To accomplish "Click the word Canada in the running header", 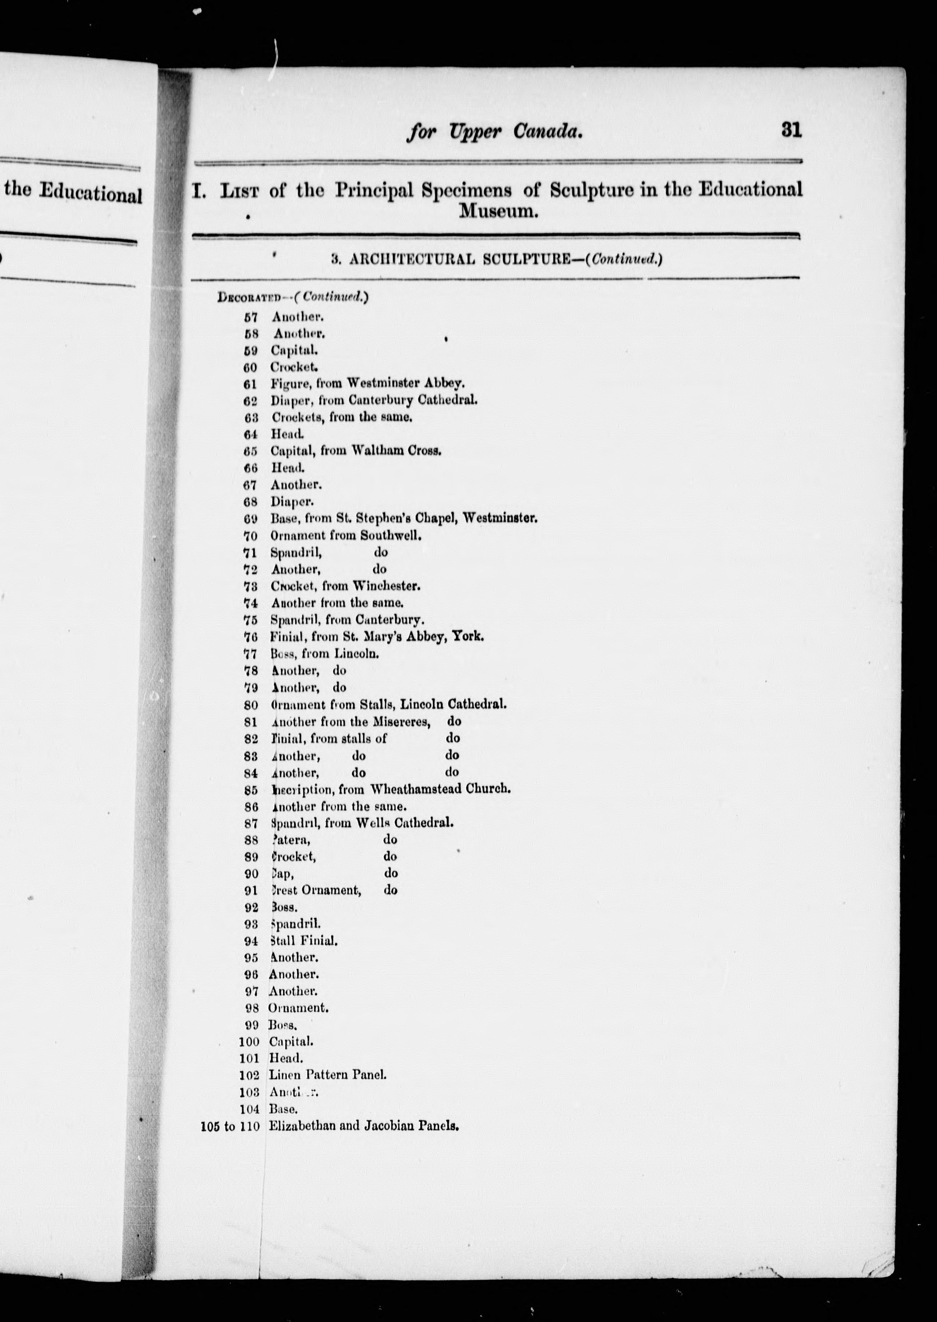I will (x=546, y=133).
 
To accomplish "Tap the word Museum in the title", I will (x=498, y=212).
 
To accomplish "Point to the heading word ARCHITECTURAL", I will (x=412, y=259).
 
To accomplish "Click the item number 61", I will (x=250, y=383).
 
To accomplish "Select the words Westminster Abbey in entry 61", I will (x=406, y=383).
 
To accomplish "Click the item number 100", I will (x=249, y=1043).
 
